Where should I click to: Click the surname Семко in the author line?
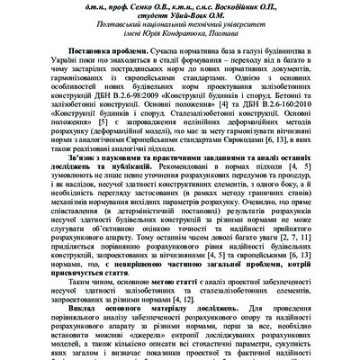pos(137,5)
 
